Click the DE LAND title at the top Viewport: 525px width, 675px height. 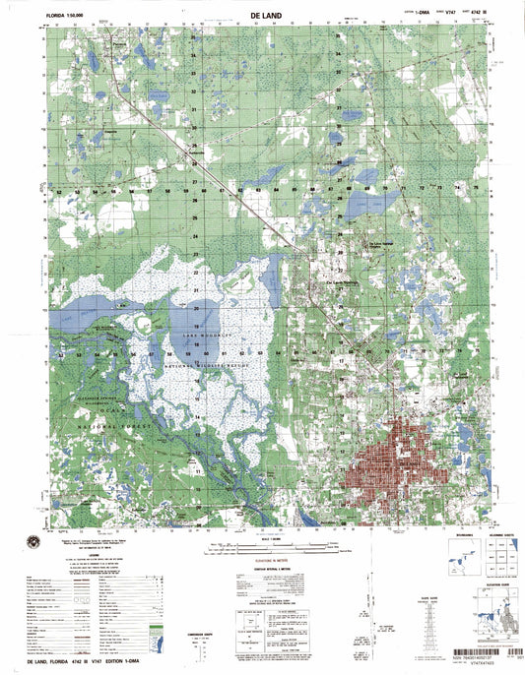(x=262, y=17)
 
